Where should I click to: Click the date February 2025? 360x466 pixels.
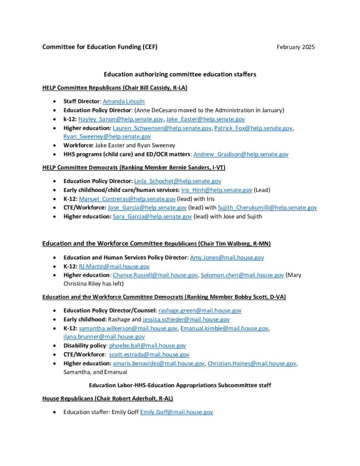295,47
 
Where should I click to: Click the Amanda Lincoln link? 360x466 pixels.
123,101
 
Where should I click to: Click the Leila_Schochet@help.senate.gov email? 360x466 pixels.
177,181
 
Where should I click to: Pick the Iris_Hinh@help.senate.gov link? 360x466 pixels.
217,190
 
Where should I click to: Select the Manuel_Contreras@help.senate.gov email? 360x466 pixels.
127,199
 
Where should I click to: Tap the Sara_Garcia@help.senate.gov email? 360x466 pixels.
152,216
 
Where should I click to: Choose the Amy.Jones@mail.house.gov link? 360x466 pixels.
227,257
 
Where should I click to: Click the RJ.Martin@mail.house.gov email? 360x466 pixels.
114,266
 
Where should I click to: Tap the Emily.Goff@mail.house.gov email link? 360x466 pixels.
176,412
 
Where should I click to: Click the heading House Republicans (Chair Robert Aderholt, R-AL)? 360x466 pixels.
107,398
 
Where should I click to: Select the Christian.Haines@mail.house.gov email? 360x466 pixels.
252,363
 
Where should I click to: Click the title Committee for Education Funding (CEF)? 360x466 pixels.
100,47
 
